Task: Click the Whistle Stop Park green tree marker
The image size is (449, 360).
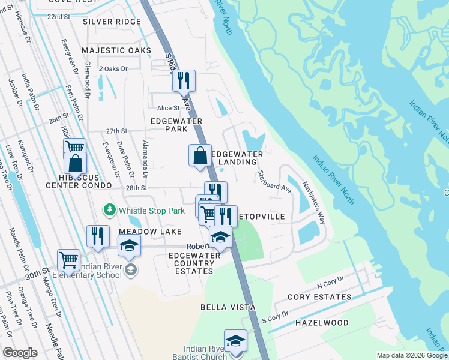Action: pos(110,210)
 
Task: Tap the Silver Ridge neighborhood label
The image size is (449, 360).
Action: pos(112,22)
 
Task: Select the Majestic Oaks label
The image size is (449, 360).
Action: pos(116,50)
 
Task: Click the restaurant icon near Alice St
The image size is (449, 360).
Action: pos(184,80)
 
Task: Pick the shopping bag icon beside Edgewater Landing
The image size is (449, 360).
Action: pos(200,155)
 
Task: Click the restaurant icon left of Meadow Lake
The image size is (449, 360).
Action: pos(98,236)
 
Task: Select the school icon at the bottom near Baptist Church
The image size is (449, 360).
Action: pos(236,340)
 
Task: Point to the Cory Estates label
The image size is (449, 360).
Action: pos(319,297)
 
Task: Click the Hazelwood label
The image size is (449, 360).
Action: pos(322,323)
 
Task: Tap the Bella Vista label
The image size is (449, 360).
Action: pos(228,307)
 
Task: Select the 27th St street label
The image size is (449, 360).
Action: pos(117,131)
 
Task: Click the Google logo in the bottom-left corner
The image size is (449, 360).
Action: pos(20,353)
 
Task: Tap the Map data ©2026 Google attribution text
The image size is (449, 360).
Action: pos(411,355)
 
